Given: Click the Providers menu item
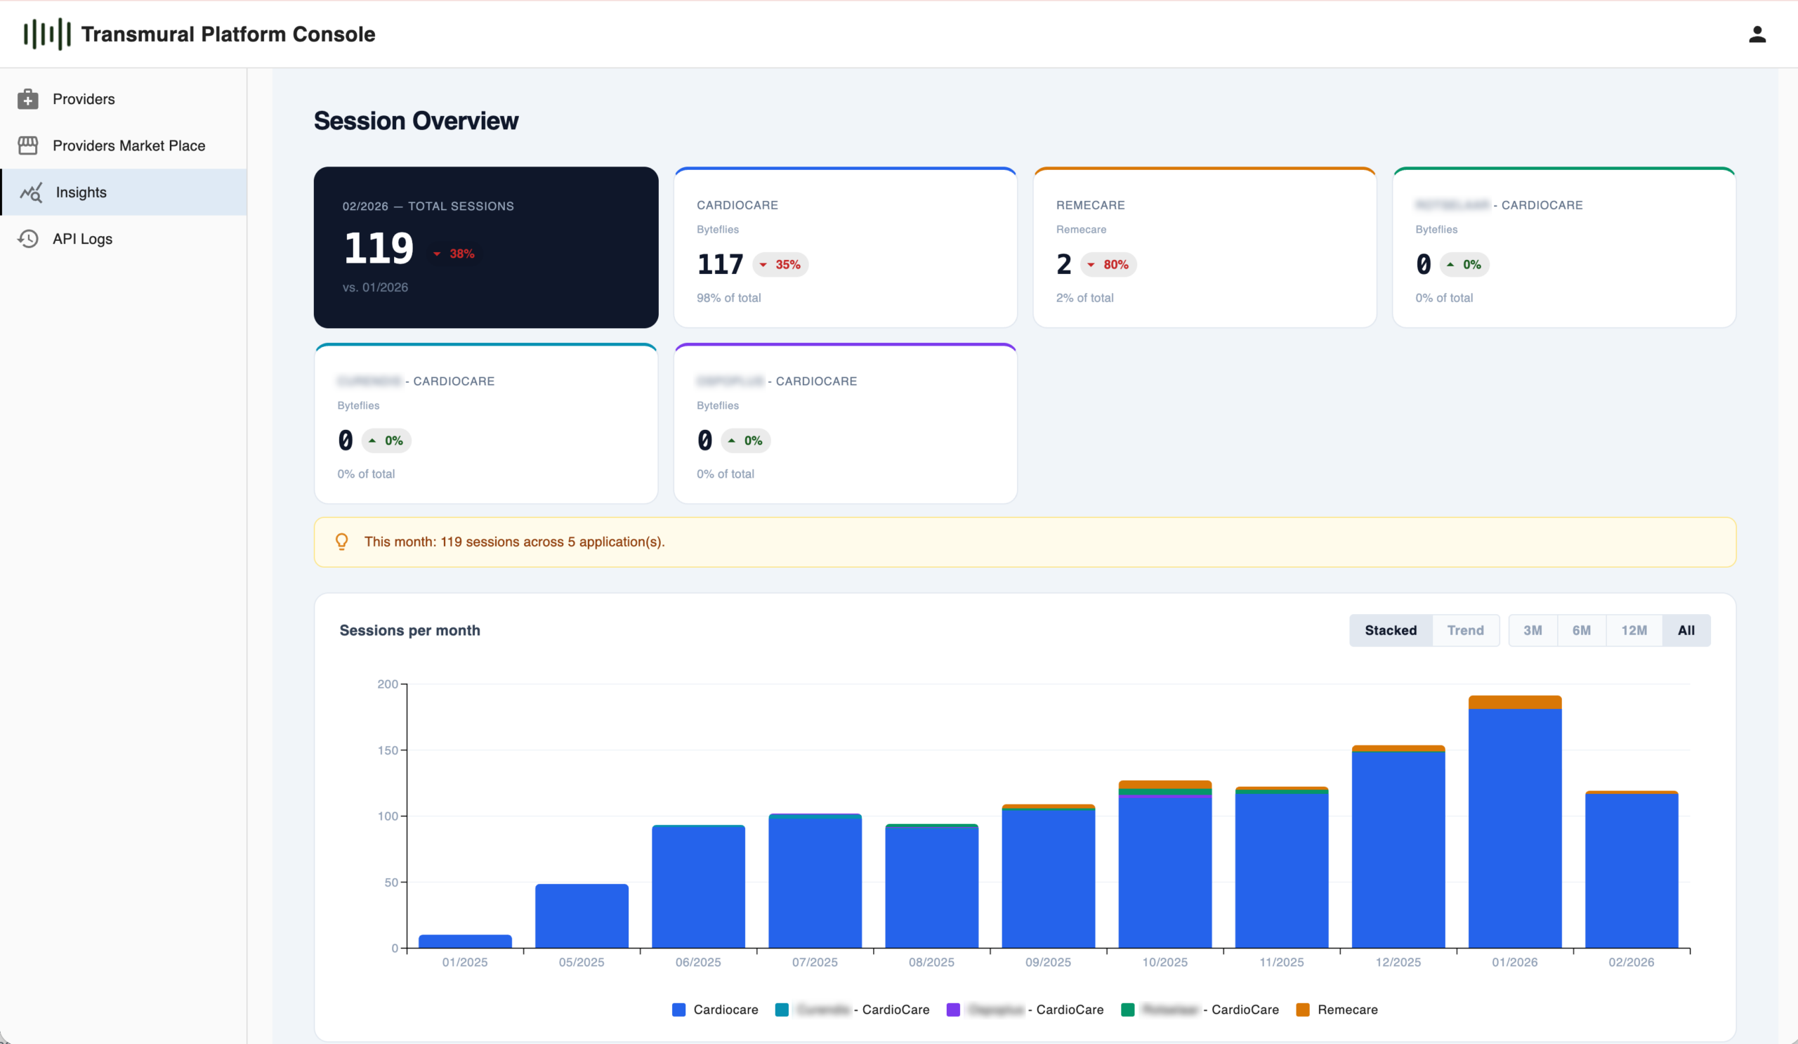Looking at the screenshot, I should click(84, 99).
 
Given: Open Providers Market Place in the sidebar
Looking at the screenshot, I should click(129, 145).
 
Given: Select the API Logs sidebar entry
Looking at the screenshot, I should click(82, 239).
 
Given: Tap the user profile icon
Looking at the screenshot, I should click(1757, 34).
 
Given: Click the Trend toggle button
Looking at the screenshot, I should click(1465, 630).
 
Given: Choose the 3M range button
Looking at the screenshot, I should click(1532, 630).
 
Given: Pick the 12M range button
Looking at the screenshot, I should click(1633, 630).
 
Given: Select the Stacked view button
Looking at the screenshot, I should click(1390, 630).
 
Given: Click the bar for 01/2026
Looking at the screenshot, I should click(1514, 828).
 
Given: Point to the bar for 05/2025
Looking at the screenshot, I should click(582, 916).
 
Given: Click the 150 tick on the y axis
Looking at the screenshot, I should click(388, 750).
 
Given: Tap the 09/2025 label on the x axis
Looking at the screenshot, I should click(1047, 962).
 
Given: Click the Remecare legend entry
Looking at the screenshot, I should click(1346, 1010).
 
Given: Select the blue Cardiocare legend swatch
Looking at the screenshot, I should click(678, 1010).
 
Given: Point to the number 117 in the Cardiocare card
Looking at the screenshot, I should click(719, 265).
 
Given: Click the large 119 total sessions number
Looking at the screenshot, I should click(378, 248).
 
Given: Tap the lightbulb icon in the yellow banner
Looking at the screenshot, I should click(342, 542).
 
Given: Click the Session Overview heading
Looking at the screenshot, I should click(416, 122).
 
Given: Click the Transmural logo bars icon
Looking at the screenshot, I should click(47, 34).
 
